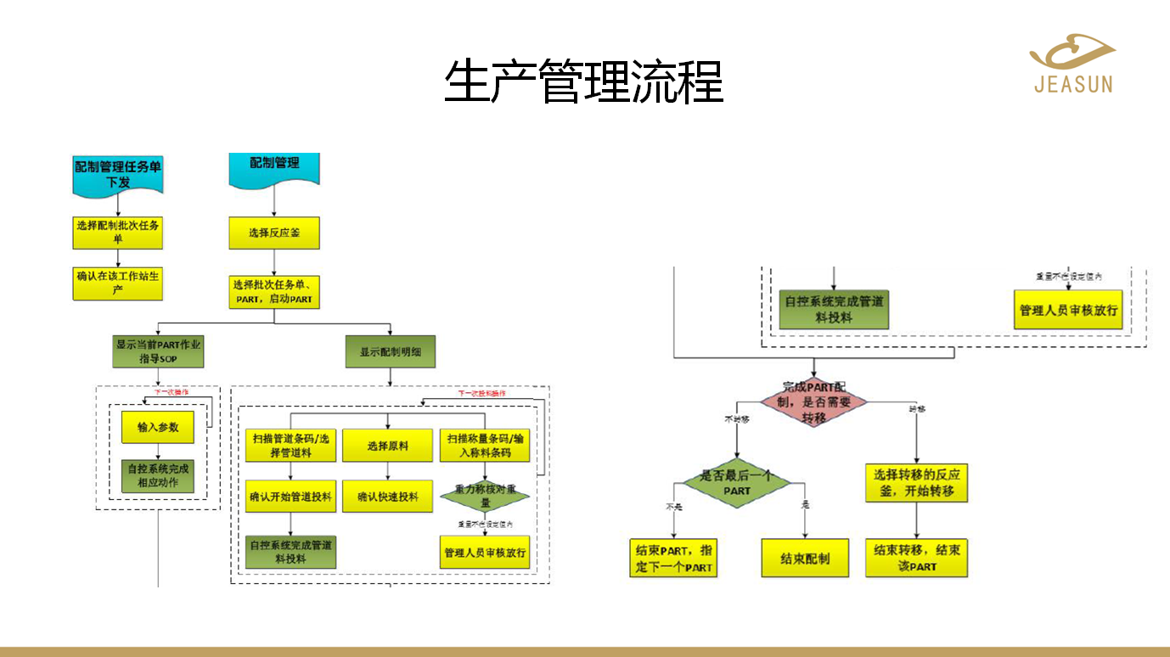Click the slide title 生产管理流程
tap(584, 81)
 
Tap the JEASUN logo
tap(1073, 64)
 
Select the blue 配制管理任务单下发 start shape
tap(118, 174)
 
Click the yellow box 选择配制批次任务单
tap(118, 232)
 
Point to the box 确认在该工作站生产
tap(118, 284)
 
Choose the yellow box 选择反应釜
tap(274, 233)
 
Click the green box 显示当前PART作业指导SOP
tap(158, 351)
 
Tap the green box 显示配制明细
tap(391, 351)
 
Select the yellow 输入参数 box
tap(158, 428)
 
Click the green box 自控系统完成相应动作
tap(158, 476)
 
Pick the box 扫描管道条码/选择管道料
tap(291, 446)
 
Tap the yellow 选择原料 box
tap(388, 446)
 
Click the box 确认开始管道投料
tap(291, 497)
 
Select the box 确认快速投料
tap(388, 497)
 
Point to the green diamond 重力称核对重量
tap(485, 496)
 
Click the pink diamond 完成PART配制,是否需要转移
tap(813, 402)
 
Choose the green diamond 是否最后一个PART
tap(736, 483)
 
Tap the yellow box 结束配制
tap(805, 559)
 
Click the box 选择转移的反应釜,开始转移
tap(916, 483)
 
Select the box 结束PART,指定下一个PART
tap(674, 559)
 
